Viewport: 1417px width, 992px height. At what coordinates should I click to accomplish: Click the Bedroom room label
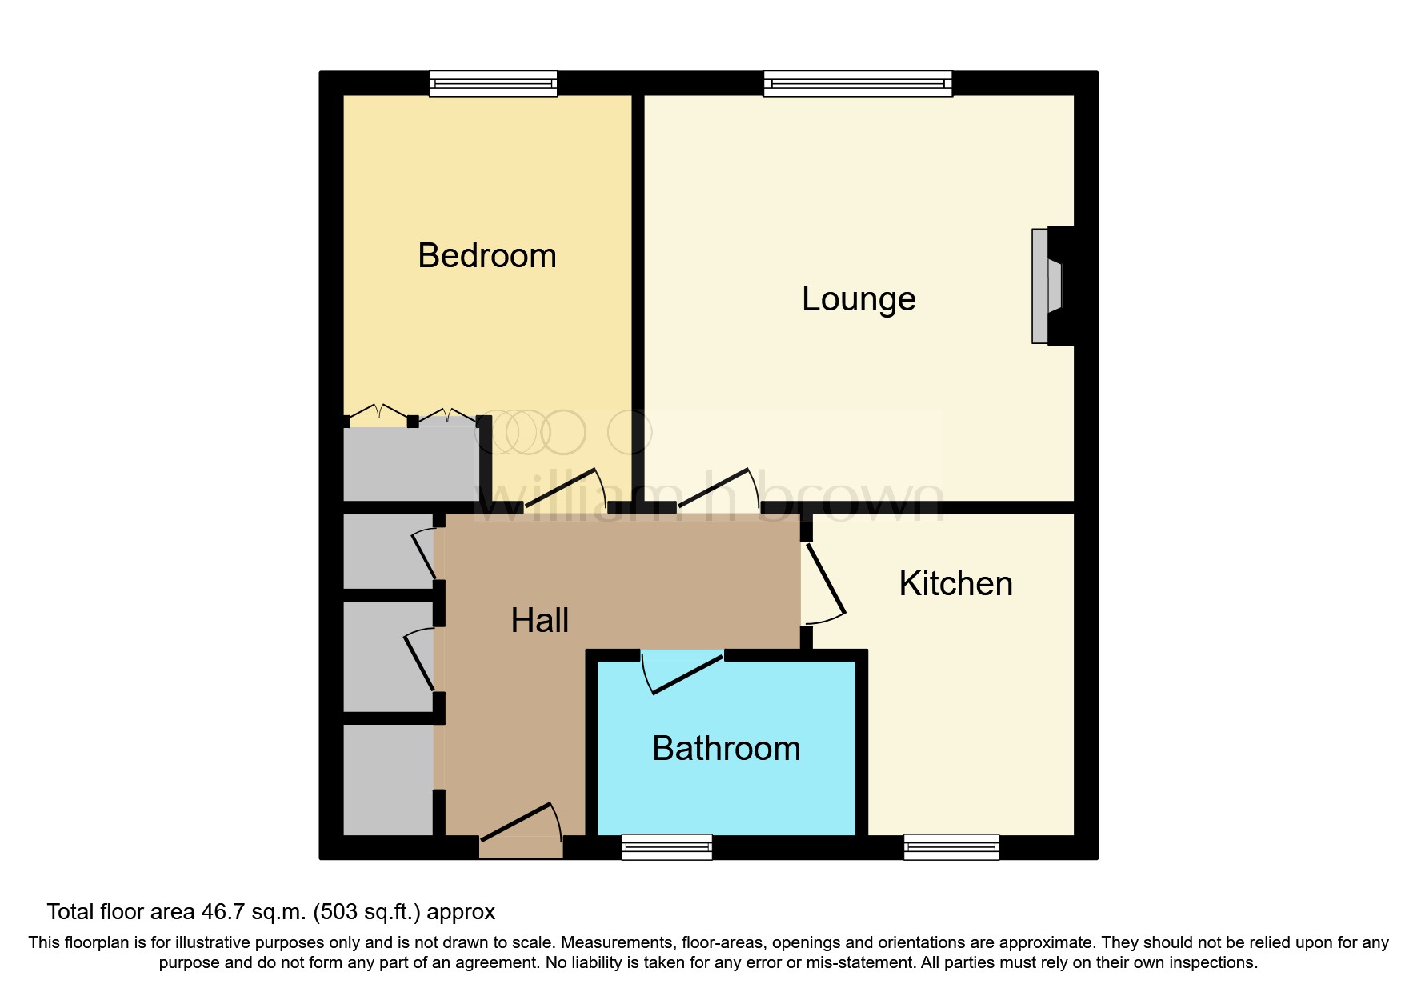click(x=486, y=256)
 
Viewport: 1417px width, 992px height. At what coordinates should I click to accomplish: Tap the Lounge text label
click(x=858, y=299)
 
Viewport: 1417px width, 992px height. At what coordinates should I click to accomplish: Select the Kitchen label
click(x=955, y=584)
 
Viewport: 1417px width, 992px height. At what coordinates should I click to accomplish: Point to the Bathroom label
click(x=726, y=749)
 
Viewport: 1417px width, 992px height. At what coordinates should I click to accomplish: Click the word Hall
click(x=539, y=621)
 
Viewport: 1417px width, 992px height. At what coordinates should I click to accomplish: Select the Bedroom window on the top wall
click(x=493, y=83)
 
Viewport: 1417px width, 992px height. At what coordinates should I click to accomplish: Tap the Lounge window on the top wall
click(x=858, y=83)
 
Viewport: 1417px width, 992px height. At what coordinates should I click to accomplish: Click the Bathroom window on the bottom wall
click(x=666, y=846)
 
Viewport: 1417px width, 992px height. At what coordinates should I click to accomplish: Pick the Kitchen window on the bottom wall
click(x=951, y=846)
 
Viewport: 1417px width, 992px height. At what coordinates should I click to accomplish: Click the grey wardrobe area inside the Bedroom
click(x=410, y=464)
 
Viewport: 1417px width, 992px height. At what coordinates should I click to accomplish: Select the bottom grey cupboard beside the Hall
click(x=388, y=780)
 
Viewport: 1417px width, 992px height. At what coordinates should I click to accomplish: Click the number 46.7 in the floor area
click(x=222, y=912)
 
